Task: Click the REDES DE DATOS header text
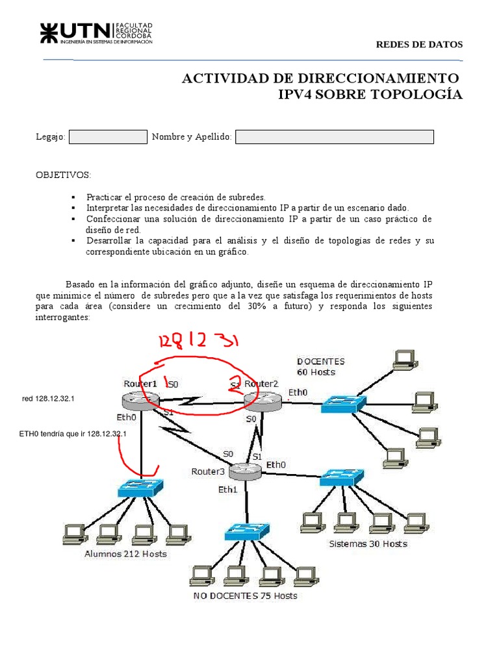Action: coord(420,45)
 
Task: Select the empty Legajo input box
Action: coord(108,136)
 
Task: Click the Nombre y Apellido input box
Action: coord(334,136)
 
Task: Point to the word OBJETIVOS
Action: coord(63,175)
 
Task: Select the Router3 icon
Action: coord(244,471)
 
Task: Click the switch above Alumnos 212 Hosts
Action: coord(140,488)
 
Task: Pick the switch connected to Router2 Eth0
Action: coord(342,403)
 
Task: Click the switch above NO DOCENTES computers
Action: coord(246,532)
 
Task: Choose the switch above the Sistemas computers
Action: coord(342,477)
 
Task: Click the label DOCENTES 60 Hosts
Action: coord(321,367)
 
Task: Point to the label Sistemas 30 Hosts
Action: coord(368,544)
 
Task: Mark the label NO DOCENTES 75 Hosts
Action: coord(245,596)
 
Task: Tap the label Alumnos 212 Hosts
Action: coord(125,554)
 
